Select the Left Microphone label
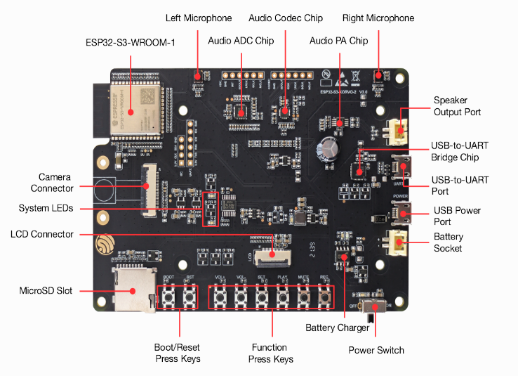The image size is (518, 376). point(199,18)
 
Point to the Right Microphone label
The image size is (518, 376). point(378,18)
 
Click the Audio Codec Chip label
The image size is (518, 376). point(286,18)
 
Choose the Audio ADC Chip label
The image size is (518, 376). point(241,41)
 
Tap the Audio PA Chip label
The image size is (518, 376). point(339,41)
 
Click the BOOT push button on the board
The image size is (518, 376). point(169,297)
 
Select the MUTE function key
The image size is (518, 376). point(304,297)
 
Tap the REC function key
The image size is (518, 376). point(324,297)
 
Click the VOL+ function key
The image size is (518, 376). point(220,297)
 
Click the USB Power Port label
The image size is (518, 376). point(457,216)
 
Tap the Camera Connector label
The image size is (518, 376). point(52,183)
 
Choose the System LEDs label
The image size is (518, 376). point(46,209)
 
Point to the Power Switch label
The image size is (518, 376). point(376,350)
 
